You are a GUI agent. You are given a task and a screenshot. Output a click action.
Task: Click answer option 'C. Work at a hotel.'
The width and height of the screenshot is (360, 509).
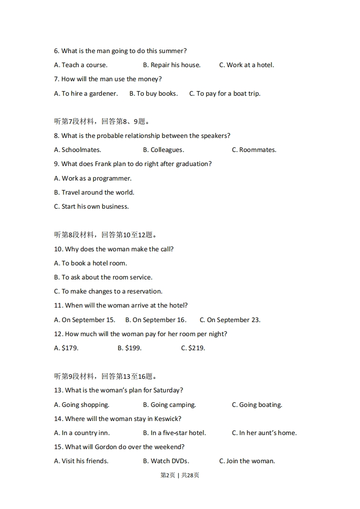[247, 65]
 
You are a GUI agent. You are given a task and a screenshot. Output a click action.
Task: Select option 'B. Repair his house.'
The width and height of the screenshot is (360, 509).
[172, 65]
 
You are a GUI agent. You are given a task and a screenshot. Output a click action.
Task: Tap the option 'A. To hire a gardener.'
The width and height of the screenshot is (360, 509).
[86, 93]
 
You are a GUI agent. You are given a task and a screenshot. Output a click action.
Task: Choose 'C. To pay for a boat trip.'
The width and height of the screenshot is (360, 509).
[225, 93]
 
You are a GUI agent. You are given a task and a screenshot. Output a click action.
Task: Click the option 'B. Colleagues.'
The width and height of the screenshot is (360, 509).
[163, 150]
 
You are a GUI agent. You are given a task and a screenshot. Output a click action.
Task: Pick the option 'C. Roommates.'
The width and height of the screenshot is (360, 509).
[254, 150]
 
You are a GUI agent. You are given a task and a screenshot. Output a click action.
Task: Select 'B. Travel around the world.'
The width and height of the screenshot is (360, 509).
[94, 192]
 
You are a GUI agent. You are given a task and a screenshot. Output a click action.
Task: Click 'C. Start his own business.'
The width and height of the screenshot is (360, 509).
[91, 206]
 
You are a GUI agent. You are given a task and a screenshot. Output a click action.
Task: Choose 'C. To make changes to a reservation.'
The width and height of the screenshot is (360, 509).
[108, 291]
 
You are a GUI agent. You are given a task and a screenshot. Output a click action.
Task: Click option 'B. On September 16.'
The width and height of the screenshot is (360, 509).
[156, 320]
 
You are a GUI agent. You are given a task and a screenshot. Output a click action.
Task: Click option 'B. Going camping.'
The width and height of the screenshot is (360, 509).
[169, 405]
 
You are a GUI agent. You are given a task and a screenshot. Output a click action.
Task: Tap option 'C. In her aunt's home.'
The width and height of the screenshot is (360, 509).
[264, 433]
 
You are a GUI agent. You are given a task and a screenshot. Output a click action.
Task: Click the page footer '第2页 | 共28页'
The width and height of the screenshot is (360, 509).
[180, 475]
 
